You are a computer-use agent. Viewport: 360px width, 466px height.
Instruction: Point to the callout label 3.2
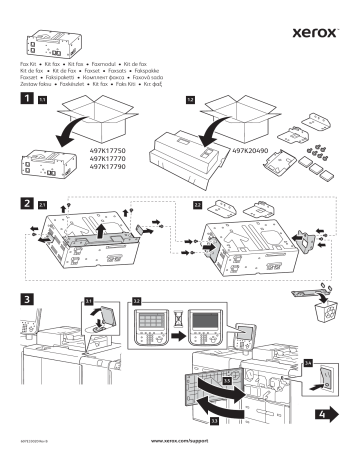(x=138, y=298)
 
